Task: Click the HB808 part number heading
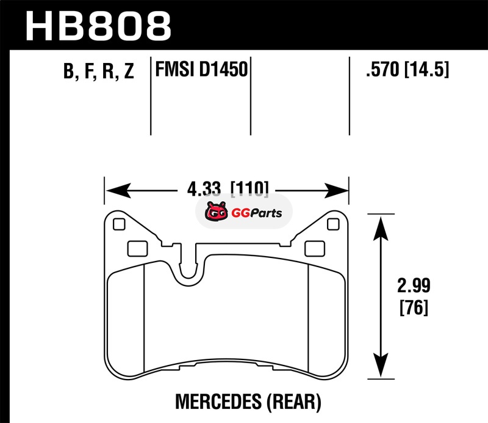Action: click(98, 26)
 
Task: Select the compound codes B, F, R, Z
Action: click(99, 71)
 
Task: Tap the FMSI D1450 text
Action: click(201, 69)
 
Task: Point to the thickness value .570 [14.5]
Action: click(407, 69)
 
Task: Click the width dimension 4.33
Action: click(204, 189)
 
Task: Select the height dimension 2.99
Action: click(414, 285)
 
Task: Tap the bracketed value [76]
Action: click(414, 307)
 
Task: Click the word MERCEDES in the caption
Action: click(218, 402)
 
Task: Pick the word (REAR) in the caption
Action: click(293, 402)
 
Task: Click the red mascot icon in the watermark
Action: click(216, 211)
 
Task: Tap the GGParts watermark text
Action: click(256, 213)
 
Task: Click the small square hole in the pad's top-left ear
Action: click(119, 224)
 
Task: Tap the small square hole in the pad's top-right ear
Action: click(333, 224)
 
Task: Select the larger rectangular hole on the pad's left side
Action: click(138, 249)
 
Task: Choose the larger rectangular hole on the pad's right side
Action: click(315, 249)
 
